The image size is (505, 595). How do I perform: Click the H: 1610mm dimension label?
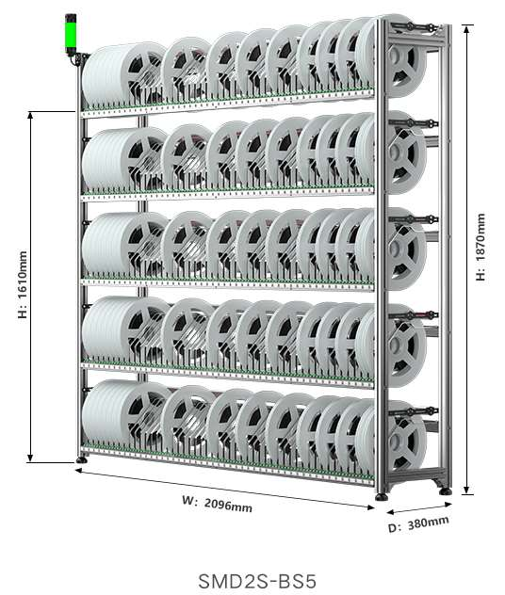click(23, 284)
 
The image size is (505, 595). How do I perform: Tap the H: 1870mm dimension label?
click(481, 247)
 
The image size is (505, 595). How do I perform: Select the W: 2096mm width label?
click(218, 504)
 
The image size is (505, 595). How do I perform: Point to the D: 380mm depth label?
click(418, 524)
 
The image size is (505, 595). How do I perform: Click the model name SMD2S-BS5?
click(257, 581)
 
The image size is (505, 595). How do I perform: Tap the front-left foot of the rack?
click(81, 459)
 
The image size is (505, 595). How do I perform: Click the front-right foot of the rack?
click(382, 496)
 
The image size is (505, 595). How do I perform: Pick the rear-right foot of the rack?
click(446, 491)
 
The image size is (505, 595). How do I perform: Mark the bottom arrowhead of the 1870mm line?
click(468, 490)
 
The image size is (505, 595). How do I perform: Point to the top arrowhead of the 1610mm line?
click(30, 116)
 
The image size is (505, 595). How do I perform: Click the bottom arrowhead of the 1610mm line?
click(30, 458)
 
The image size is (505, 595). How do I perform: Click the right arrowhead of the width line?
click(370, 507)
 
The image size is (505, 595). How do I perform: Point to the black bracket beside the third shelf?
click(414, 219)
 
